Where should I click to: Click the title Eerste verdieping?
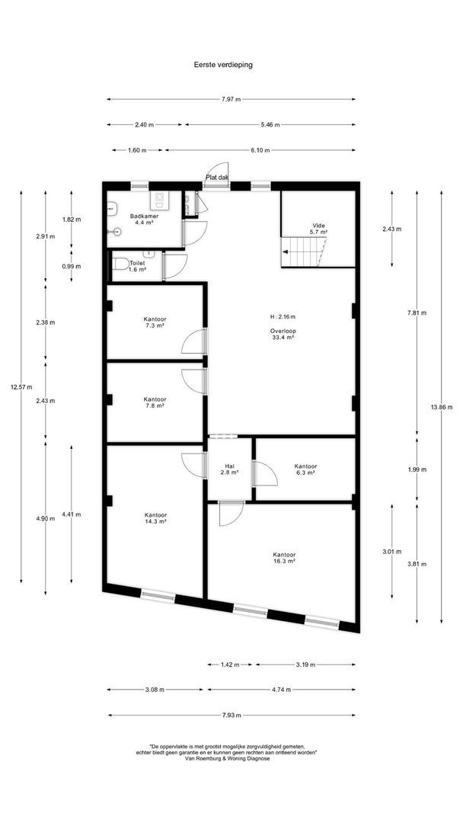point(223,65)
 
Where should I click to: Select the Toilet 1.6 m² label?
point(137,266)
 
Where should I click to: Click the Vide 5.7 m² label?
point(319,229)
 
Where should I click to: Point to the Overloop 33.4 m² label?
point(282,335)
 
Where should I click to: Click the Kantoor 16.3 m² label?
point(284,557)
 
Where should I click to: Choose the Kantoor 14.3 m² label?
point(156,518)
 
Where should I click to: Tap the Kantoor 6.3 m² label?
point(305,469)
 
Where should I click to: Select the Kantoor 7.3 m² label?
point(155,322)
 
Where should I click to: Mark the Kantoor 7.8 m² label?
point(155,402)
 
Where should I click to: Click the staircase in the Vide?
point(304,252)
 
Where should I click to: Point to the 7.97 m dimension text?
point(231,99)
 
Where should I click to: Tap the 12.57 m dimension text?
point(21,387)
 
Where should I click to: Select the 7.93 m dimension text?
point(231,715)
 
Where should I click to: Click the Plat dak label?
point(217,178)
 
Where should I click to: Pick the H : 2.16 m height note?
point(283,317)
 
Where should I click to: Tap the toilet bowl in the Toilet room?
point(120,264)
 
